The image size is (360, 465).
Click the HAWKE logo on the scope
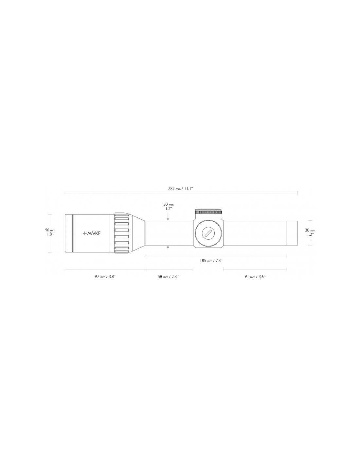pos(91,233)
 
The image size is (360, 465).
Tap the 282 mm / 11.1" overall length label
pos(181,189)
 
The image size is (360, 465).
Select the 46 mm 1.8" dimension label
pos(50,232)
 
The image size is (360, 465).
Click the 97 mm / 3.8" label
pos(105,276)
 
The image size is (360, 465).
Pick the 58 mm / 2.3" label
pos(168,276)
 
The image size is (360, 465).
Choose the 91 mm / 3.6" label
pos(255,276)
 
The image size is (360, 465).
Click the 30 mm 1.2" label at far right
pos(310,232)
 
